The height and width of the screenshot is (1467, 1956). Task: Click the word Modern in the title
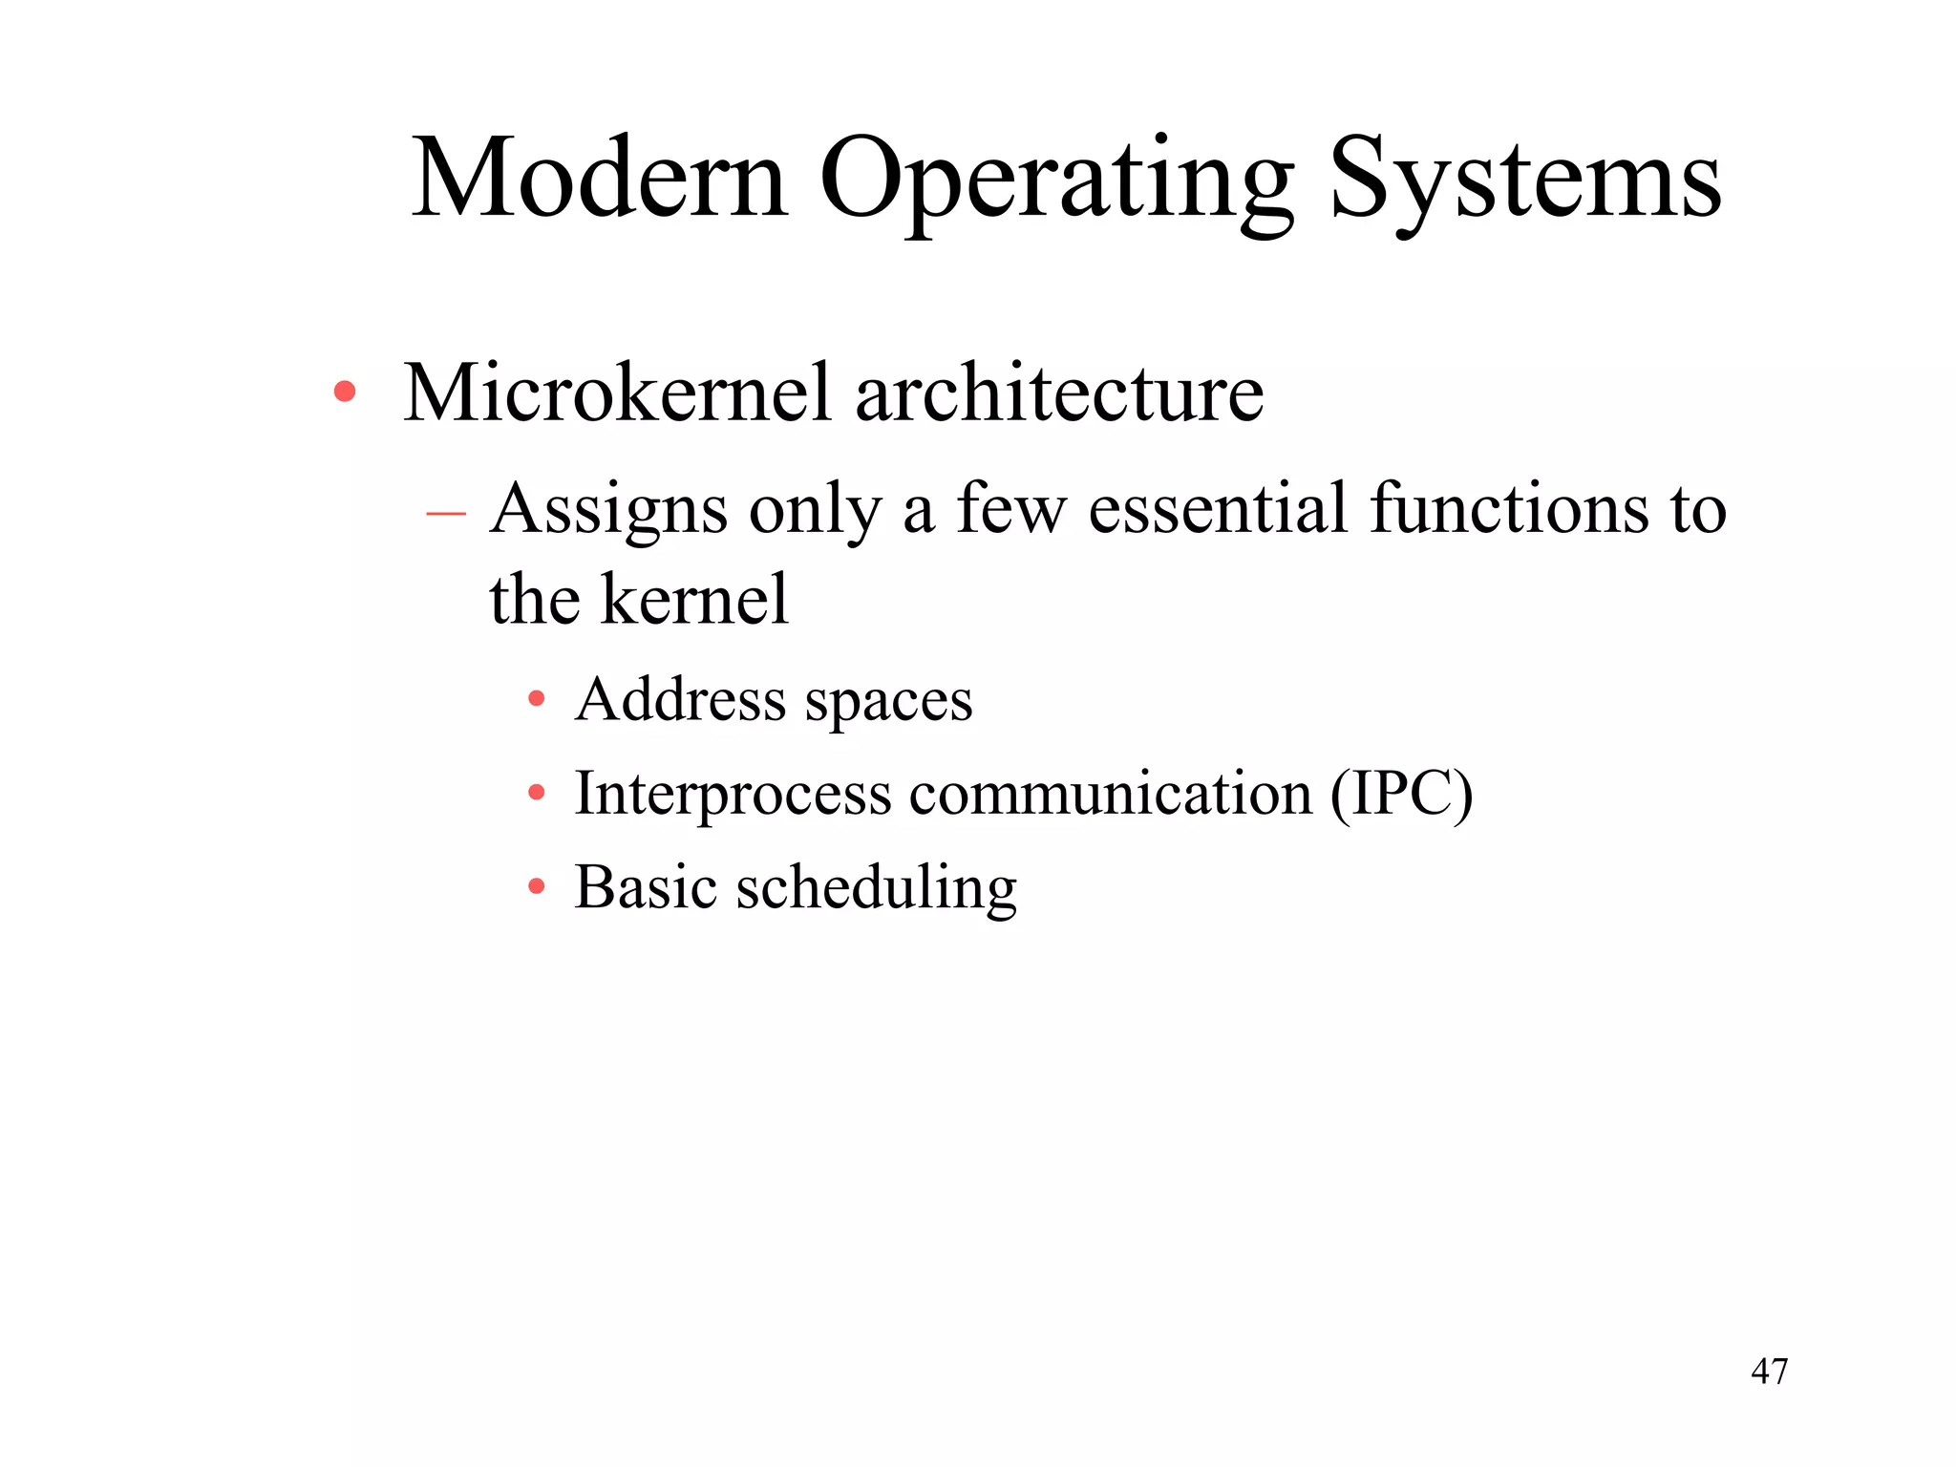click(x=600, y=179)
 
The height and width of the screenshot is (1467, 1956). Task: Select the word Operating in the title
click(x=1056, y=181)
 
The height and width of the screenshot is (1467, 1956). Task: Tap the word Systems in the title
click(x=1525, y=181)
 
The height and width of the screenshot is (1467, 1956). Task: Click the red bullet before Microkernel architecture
click(x=345, y=392)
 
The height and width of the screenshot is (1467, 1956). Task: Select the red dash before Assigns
click(x=445, y=514)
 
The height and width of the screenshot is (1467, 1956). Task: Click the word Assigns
click(x=608, y=510)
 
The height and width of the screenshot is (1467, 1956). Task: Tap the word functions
click(x=1508, y=508)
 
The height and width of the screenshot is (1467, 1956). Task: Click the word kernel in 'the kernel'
click(x=694, y=600)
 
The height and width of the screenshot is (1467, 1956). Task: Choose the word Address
click(x=680, y=699)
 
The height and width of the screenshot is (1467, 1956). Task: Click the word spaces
click(x=888, y=703)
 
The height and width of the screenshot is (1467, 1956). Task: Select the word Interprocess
click(x=733, y=795)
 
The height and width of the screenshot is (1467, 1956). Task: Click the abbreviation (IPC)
click(x=1401, y=794)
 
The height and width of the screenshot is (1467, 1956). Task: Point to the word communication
click(x=1110, y=794)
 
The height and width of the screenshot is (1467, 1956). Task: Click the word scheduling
click(x=876, y=889)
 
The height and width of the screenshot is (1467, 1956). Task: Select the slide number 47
click(x=1769, y=1371)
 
